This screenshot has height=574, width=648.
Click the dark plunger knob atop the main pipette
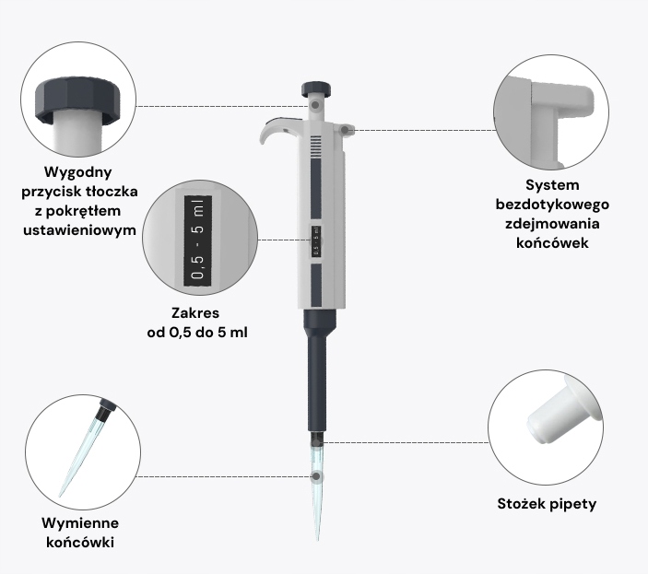click(x=316, y=88)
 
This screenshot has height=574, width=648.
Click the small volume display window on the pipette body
click(x=316, y=240)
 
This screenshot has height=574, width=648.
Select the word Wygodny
click(x=78, y=172)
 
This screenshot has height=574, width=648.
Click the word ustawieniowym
click(x=79, y=230)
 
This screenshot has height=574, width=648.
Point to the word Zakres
click(x=195, y=313)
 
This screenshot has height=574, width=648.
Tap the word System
click(x=552, y=185)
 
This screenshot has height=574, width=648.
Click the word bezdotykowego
click(x=552, y=205)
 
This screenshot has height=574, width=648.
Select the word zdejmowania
click(x=552, y=223)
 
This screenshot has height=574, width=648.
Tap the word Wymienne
click(x=80, y=523)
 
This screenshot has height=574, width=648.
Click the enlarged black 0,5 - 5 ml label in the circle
click(x=197, y=240)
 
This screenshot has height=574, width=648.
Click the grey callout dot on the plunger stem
click(x=315, y=105)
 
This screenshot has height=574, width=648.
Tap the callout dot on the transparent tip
click(x=316, y=476)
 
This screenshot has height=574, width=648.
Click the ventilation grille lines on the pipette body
click(x=316, y=146)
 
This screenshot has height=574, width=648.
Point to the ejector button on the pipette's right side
click(x=345, y=129)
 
